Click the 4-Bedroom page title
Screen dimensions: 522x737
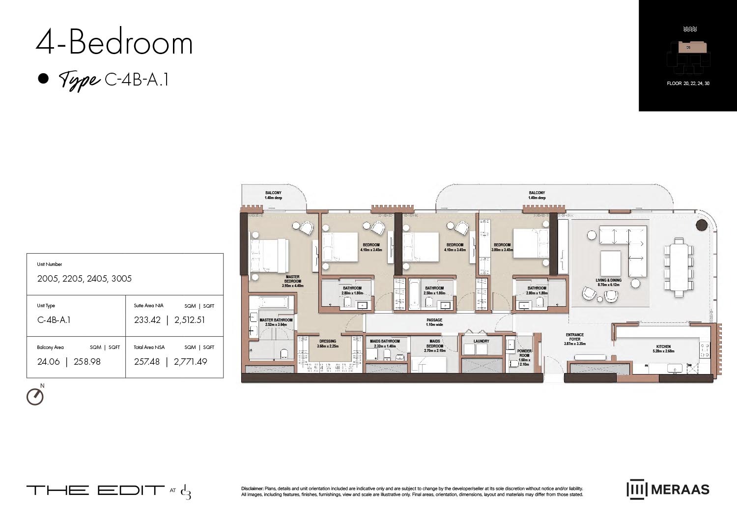point(114,43)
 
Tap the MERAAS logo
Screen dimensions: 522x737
point(668,490)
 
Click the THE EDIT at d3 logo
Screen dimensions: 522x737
point(109,491)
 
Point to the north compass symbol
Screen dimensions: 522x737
point(35,396)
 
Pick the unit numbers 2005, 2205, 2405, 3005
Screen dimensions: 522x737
point(85,279)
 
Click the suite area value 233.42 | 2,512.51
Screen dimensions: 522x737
point(170,320)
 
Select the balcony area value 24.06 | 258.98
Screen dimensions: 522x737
point(69,362)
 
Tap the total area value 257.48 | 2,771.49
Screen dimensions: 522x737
point(170,362)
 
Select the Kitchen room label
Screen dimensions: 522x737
point(663,348)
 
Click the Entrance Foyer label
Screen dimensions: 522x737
point(574,339)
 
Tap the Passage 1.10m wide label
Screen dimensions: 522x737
point(434,322)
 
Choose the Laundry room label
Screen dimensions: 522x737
point(481,341)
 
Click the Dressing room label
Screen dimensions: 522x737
point(328,344)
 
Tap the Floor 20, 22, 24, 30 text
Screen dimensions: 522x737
point(688,84)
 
